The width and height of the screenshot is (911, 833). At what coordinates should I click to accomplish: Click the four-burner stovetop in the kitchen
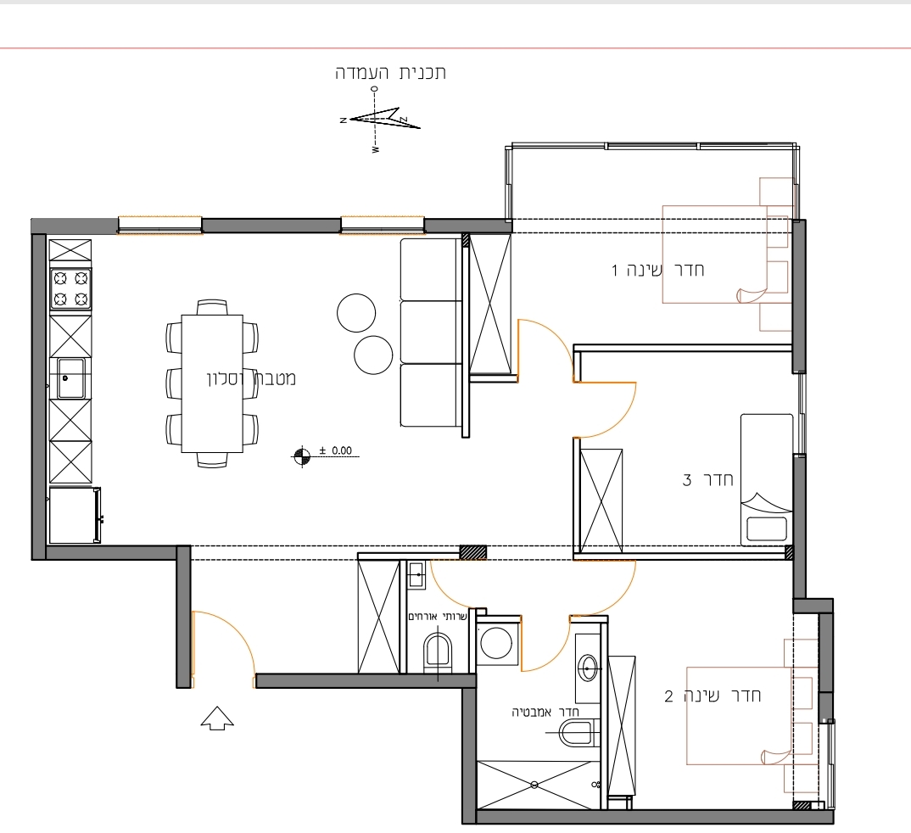point(70,288)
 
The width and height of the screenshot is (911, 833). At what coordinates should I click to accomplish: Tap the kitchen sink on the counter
point(71,378)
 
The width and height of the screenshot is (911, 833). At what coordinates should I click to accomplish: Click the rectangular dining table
point(212,383)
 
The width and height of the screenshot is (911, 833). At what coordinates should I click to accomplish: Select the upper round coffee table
point(356,312)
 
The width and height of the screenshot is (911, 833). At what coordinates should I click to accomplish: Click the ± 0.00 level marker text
point(336,450)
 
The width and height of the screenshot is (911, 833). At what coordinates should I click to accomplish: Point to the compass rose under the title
point(377,120)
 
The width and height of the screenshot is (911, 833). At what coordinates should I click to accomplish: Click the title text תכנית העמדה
point(390,73)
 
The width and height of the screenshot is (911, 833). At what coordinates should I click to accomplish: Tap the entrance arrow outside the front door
point(217,718)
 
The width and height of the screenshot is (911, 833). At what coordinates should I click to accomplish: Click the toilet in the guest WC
point(438,651)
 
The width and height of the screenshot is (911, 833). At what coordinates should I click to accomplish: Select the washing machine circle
point(496,642)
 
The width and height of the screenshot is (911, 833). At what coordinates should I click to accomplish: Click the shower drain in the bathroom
point(534,785)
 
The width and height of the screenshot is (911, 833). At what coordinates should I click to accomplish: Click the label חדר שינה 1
point(657,270)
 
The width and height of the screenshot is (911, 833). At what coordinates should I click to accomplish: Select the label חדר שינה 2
point(713,696)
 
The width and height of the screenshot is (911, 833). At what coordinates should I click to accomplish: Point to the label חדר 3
point(707,480)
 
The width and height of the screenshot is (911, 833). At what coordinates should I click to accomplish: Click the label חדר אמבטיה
point(545,713)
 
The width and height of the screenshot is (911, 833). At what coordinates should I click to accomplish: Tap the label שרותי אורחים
point(438,617)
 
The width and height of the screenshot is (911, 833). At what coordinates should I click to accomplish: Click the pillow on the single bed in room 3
point(766,528)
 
